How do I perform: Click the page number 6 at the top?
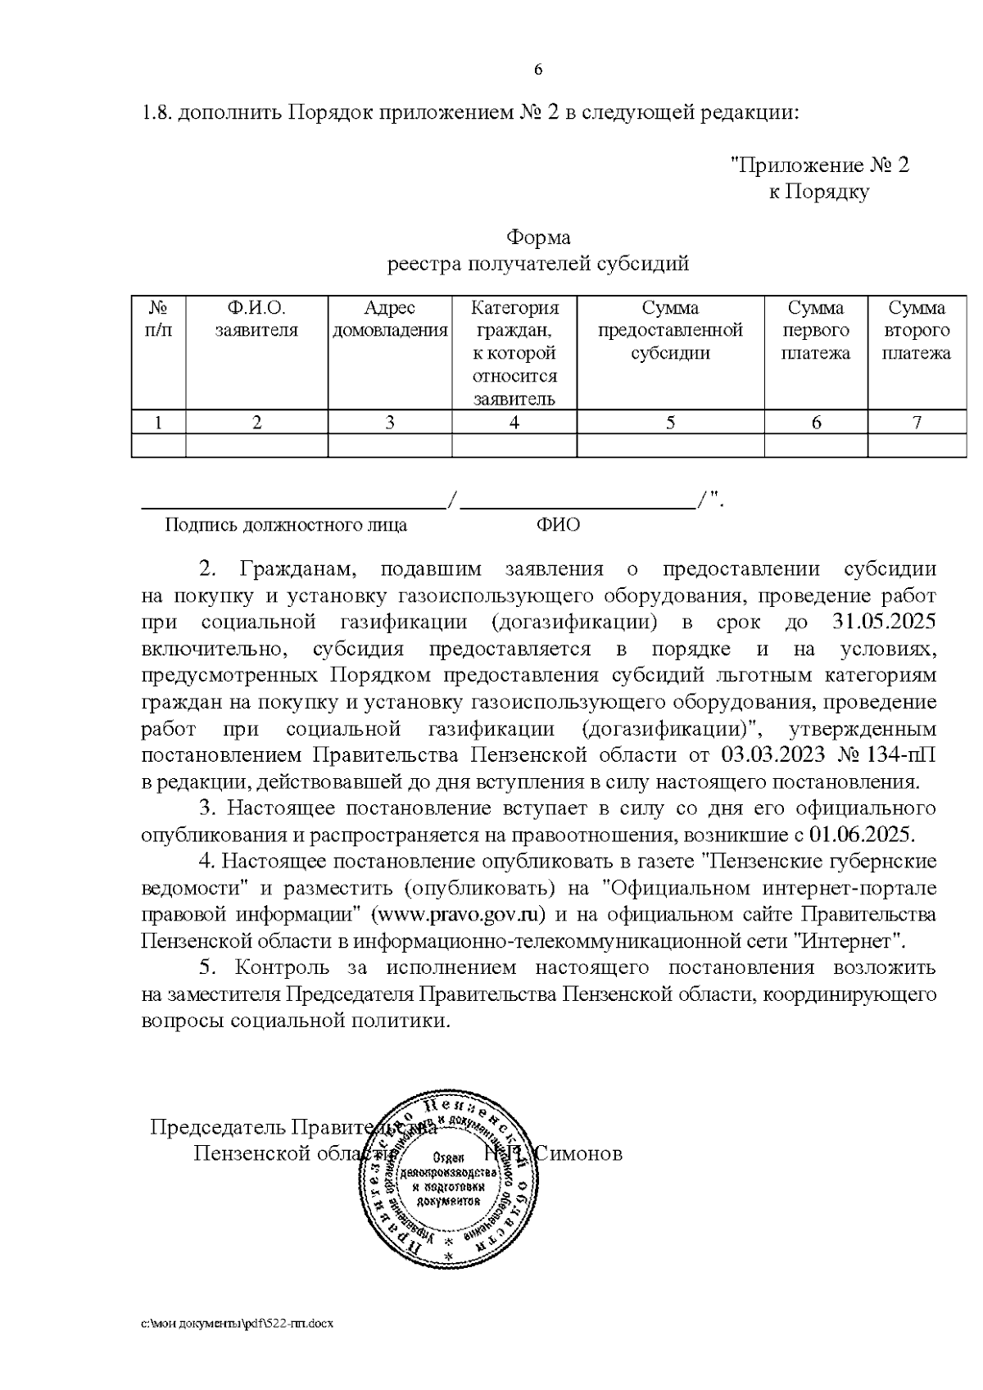(x=538, y=70)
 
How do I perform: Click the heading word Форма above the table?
(x=538, y=238)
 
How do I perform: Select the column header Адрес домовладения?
(x=390, y=319)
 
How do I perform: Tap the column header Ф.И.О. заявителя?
(x=256, y=319)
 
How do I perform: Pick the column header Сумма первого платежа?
(x=816, y=331)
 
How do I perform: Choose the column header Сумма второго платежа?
(x=917, y=331)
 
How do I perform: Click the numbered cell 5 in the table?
(x=671, y=423)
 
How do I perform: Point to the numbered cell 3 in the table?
(x=390, y=423)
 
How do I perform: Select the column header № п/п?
(x=159, y=319)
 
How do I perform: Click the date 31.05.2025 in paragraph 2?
(x=884, y=622)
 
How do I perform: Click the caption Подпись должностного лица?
(x=286, y=525)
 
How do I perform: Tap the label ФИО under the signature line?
(x=558, y=525)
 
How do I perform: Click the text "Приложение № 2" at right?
(x=819, y=165)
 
